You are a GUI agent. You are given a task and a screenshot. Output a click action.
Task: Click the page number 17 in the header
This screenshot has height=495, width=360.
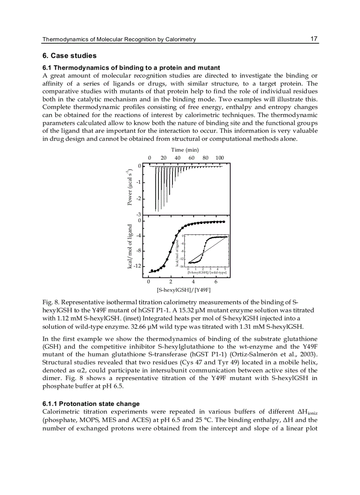tap(314, 39)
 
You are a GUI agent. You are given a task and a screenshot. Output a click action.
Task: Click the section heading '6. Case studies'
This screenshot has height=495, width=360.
tap(69, 56)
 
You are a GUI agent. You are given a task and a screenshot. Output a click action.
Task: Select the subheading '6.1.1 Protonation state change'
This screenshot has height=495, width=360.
tap(91, 404)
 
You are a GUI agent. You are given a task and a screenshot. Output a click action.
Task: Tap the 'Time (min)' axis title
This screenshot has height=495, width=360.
tap(184, 150)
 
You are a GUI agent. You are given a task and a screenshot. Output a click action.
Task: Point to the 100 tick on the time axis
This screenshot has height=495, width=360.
tap(219, 158)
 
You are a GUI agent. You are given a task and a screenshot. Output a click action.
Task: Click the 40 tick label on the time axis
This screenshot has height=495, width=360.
tap(177, 158)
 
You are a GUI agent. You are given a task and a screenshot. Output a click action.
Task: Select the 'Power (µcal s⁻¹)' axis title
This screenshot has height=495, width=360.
tap(130, 187)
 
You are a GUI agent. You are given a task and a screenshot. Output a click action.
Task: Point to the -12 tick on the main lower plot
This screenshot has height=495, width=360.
tap(137, 266)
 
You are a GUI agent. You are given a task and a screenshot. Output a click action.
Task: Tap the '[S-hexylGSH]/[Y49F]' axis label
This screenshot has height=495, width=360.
tap(184, 290)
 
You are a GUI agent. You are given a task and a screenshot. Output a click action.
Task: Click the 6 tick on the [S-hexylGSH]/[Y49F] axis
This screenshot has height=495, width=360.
tap(216, 282)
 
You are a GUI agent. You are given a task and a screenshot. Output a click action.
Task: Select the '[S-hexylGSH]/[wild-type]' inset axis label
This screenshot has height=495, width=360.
tap(207, 273)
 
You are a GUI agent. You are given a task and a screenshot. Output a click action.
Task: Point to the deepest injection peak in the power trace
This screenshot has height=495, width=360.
tap(155, 211)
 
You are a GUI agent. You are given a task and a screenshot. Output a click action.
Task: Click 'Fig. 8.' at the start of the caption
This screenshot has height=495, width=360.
tap(50, 302)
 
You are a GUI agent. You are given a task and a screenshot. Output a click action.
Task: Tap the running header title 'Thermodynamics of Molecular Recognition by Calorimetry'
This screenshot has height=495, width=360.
tap(119, 39)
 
